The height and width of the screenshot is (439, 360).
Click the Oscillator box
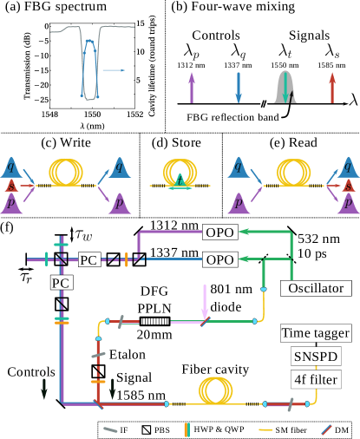pyautogui.click(x=316, y=288)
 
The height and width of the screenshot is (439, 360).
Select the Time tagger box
pyautogui.click(x=316, y=333)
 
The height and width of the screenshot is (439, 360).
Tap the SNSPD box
pyautogui.click(x=316, y=357)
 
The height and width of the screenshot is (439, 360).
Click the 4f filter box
pyautogui.click(x=316, y=379)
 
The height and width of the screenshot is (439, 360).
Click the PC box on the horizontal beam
pyautogui.click(x=88, y=259)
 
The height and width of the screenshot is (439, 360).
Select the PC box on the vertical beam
pyautogui.click(x=61, y=283)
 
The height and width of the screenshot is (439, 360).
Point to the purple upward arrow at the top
pyautogui.click(x=192, y=88)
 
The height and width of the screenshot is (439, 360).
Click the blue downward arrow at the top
pyautogui.click(x=239, y=88)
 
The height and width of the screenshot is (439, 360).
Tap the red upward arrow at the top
pyautogui.click(x=331, y=88)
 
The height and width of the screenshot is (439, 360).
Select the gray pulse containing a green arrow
pyautogui.click(x=286, y=88)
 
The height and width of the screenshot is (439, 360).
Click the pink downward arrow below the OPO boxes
pyautogui.click(x=205, y=300)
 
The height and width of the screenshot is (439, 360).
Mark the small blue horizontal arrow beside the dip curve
pyautogui.click(x=114, y=69)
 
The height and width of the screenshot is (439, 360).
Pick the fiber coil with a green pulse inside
pyautogui.click(x=179, y=172)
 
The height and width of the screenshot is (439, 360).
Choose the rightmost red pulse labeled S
pyautogui.click(x=348, y=185)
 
